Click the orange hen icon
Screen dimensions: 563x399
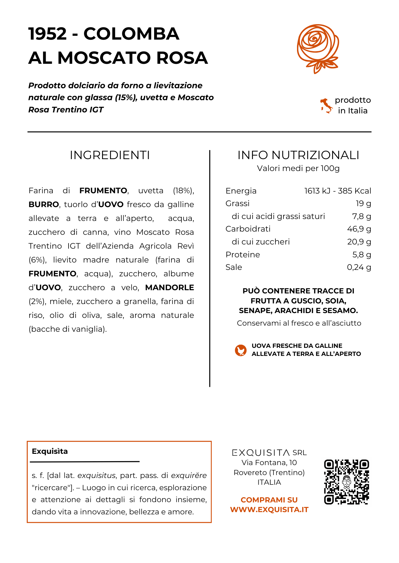(240, 350)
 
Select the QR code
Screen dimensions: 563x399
(346, 482)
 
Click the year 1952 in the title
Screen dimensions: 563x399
(48, 34)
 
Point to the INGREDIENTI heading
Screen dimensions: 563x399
(110, 155)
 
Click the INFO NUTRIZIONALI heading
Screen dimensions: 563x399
(298, 155)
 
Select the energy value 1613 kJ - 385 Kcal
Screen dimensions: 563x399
(338, 191)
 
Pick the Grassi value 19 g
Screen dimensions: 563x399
(363, 204)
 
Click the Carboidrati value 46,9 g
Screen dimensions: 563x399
(359, 229)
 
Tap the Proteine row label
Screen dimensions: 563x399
(243, 255)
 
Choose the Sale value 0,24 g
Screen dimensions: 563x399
(359, 267)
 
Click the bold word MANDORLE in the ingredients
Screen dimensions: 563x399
(170, 288)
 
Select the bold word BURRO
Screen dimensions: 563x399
(44, 205)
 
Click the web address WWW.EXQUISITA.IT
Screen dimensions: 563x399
(269, 510)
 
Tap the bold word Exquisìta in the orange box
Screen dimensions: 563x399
(50, 451)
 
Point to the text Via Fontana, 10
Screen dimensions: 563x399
(269, 463)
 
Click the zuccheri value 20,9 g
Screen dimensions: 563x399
(359, 242)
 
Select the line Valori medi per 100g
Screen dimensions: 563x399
(298, 168)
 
